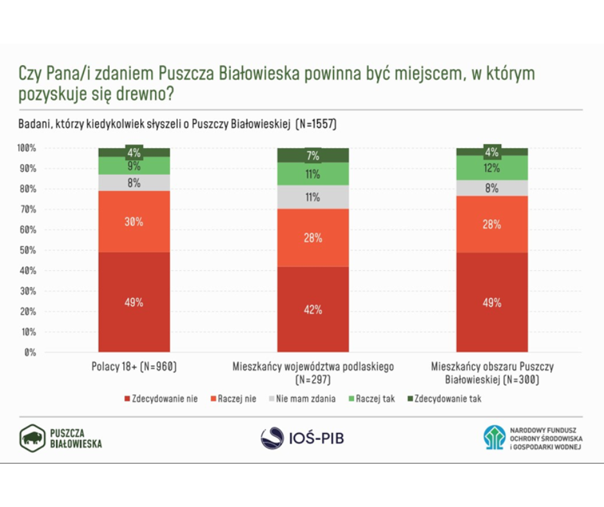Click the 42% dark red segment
click(x=313, y=309)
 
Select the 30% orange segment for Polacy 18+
click(x=134, y=221)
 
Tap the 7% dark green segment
click(x=313, y=155)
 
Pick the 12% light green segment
click(x=492, y=168)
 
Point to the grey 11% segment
click(x=313, y=197)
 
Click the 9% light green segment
click(x=134, y=166)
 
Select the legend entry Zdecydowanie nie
click(x=160, y=399)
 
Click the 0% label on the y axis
click(x=30, y=353)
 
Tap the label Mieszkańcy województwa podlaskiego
click(x=312, y=367)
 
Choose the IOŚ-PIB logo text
click(x=315, y=438)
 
